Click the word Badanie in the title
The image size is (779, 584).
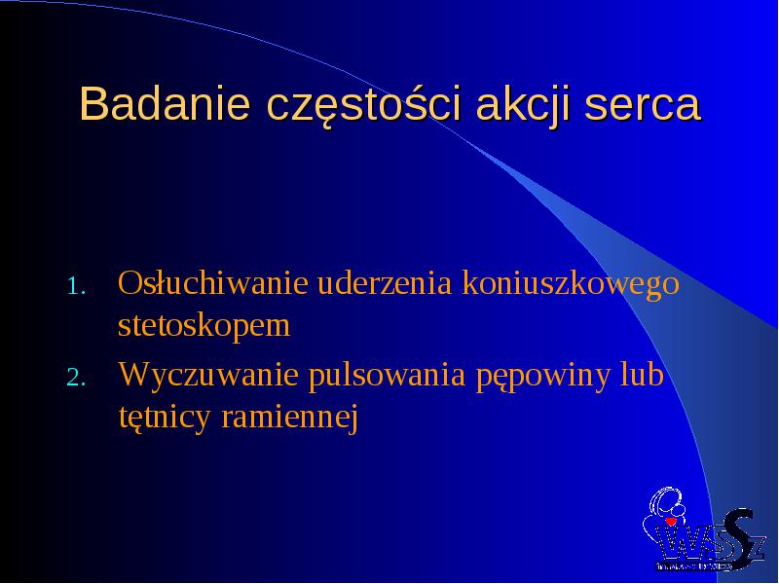coord(165,104)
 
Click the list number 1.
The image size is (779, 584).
coord(76,286)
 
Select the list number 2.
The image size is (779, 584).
coord(76,378)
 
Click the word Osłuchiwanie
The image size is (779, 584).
coord(212,282)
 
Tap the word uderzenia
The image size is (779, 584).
coord(384,282)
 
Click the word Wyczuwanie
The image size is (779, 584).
coord(208,376)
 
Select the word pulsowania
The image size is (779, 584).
coord(387,376)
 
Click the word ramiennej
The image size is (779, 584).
coord(289,419)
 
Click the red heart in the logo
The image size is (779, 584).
coord(671,522)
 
